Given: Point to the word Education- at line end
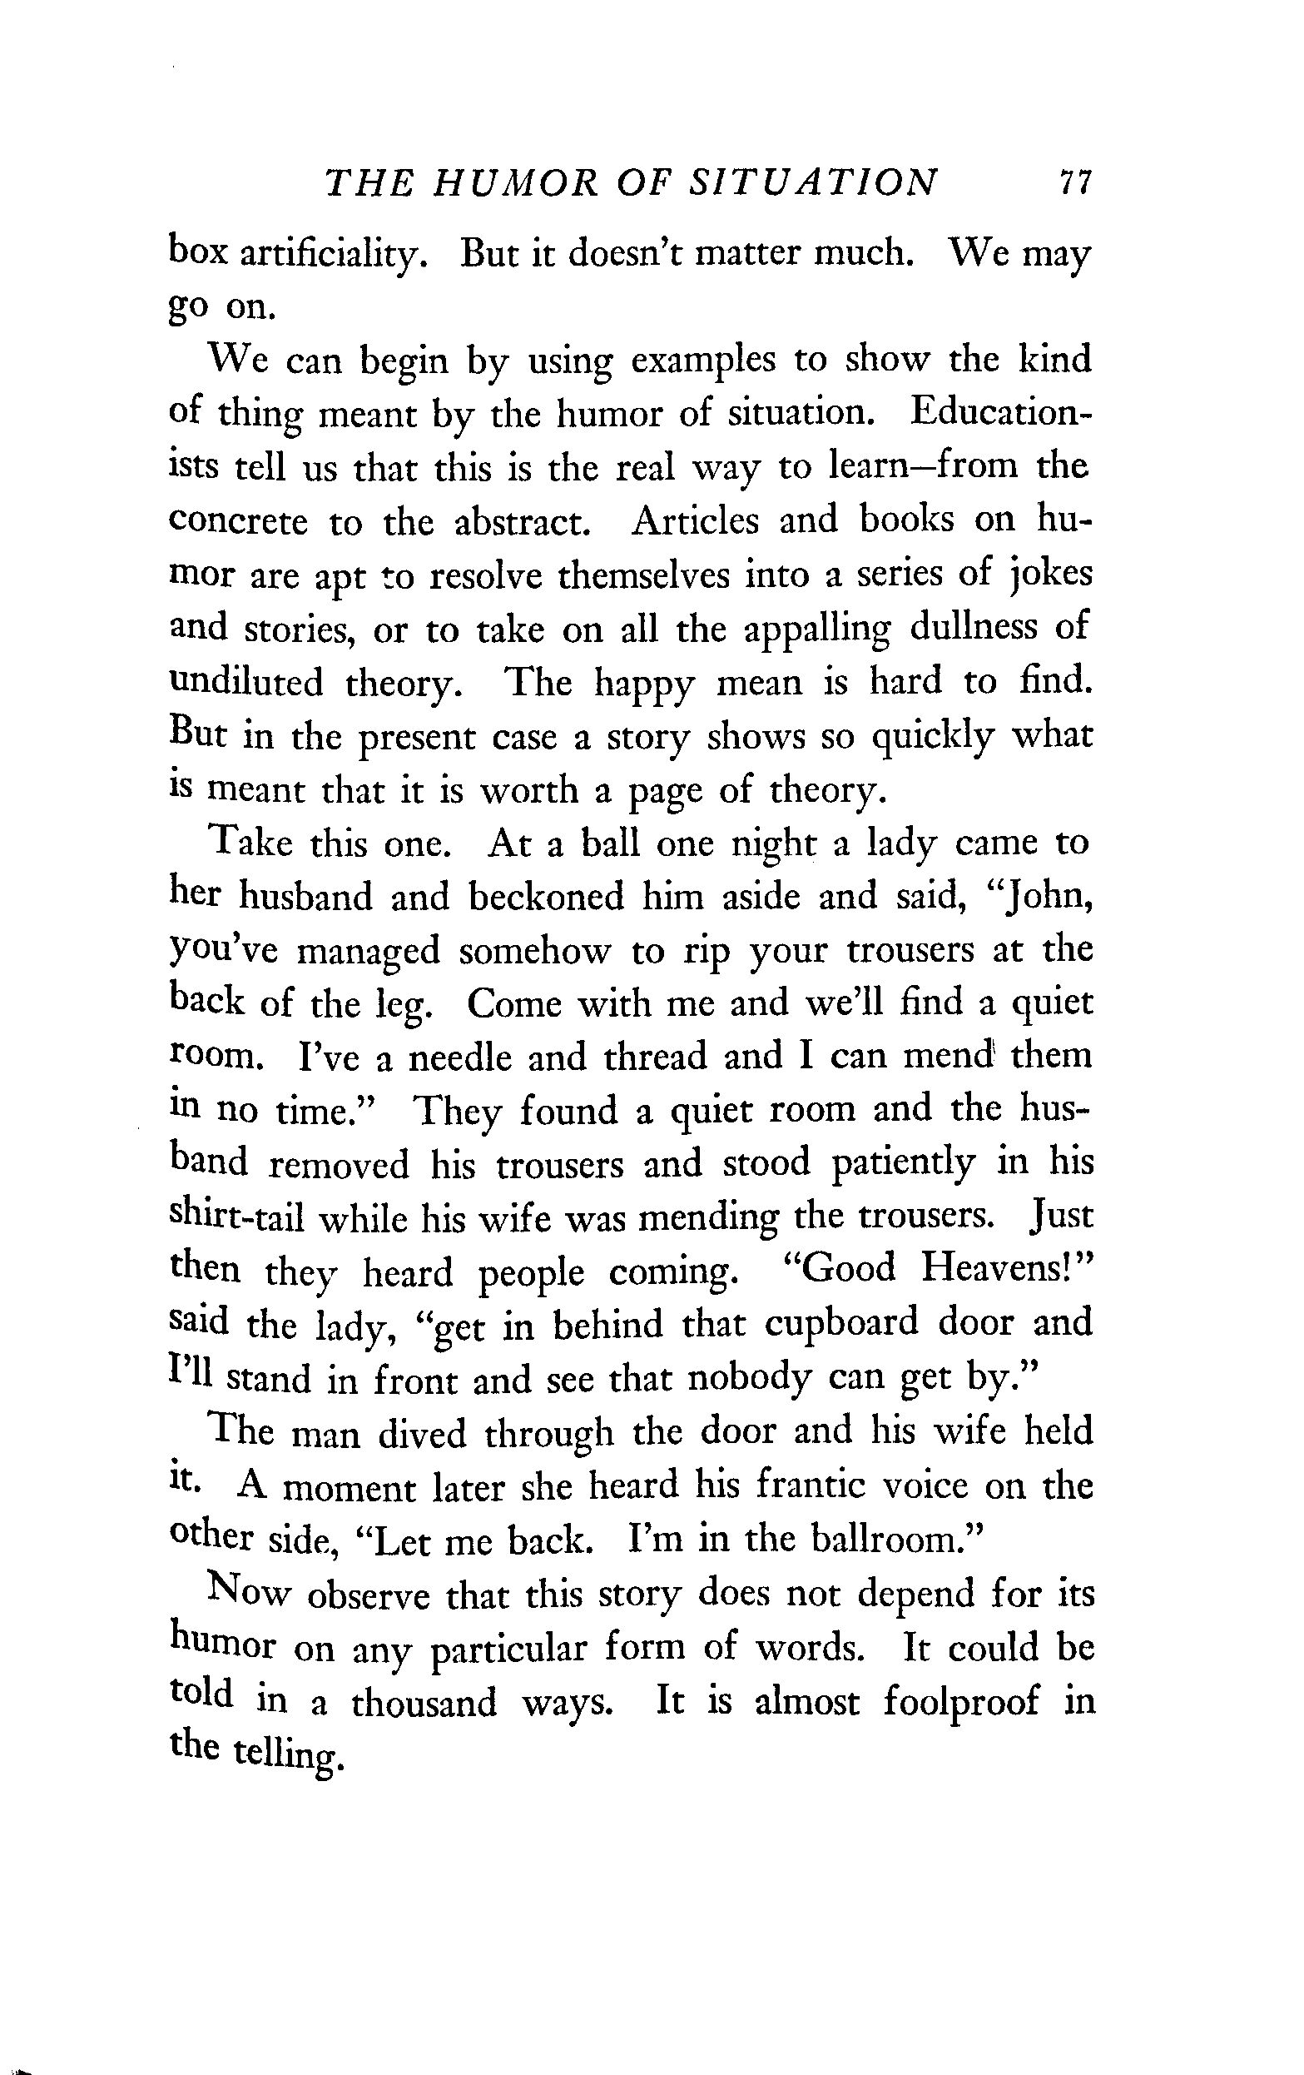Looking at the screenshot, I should tap(1000, 412).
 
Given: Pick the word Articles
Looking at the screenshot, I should tap(693, 520).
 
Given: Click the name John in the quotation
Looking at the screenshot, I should tap(1047, 897).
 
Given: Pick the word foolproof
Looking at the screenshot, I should tap(960, 1703).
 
